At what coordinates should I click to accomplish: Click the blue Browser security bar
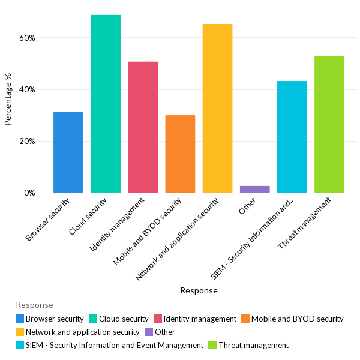(x=68, y=152)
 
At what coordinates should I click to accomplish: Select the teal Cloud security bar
(x=106, y=104)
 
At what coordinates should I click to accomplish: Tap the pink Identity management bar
(x=143, y=127)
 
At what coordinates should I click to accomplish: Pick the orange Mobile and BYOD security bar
(x=180, y=154)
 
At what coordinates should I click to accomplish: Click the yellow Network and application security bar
(x=217, y=109)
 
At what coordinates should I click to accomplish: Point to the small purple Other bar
(x=255, y=190)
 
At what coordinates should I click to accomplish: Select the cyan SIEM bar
(x=292, y=137)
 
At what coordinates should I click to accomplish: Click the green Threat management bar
(x=329, y=124)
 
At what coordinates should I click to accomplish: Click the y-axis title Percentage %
(x=8, y=100)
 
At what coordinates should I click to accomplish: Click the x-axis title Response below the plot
(x=199, y=291)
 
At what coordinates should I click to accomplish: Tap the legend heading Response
(x=34, y=305)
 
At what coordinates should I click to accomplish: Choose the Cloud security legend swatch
(x=94, y=319)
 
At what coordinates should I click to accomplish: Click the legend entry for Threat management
(x=253, y=345)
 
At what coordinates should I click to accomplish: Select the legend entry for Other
(x=164, y=332)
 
